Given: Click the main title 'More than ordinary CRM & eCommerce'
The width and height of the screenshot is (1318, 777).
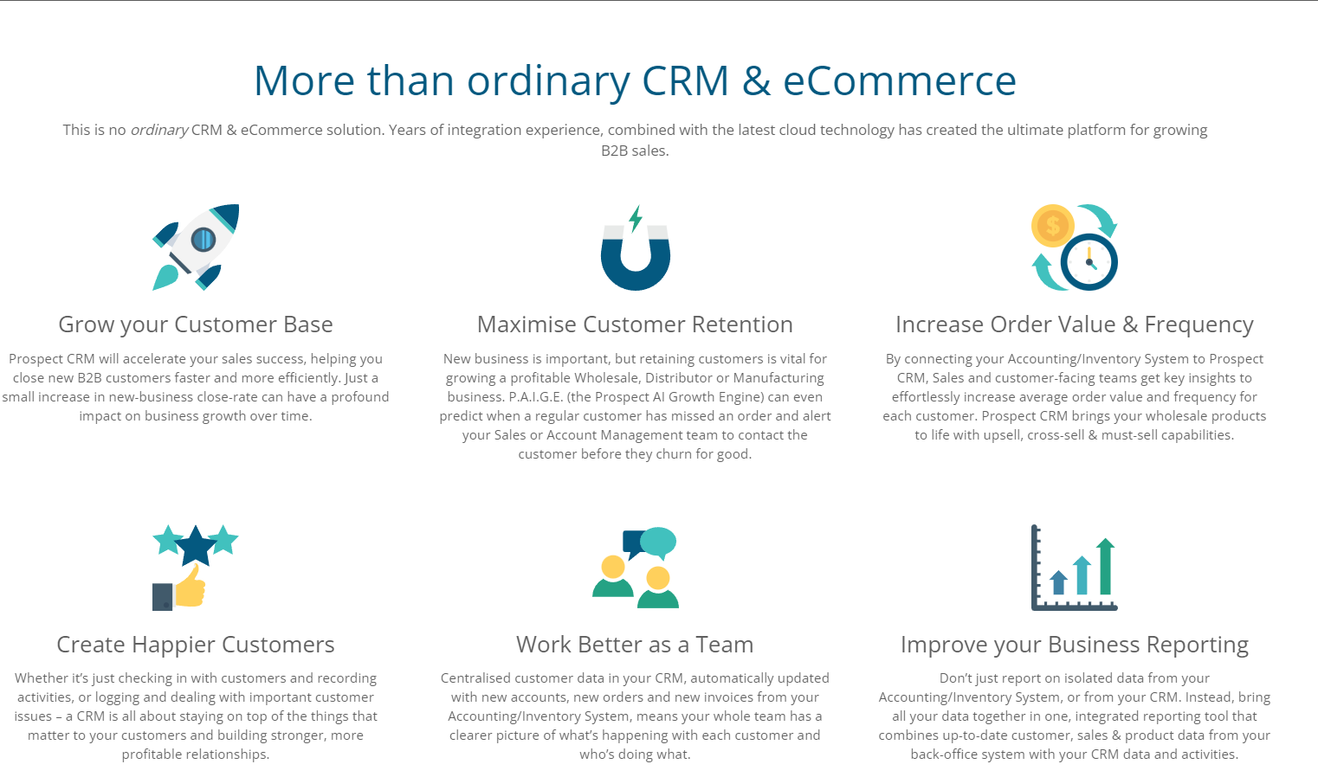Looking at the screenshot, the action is pyautogui.click(x=635, y=80).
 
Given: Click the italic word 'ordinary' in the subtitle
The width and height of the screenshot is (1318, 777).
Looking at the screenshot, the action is pyautogui.click(x=159, y=130).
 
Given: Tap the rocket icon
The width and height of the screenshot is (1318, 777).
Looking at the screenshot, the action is pyautogui.click(x=196, y=247).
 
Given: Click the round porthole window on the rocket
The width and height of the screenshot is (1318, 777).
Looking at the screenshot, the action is pyautogui.click(x=204, y=240).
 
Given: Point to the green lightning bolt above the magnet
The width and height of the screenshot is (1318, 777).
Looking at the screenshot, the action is pyautogui.click(x=636, y=218).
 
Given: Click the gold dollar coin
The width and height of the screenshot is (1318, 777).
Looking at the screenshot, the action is pyautogui.click(x=1053, y=225).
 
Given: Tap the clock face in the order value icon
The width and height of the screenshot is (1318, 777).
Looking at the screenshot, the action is pyautogui.click(x=1089, y=262).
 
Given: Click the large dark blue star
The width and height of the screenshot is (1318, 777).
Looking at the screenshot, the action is pyautogui.click(x=196, y=546).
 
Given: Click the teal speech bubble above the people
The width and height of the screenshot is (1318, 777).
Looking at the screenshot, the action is pyautogui.click(x=658, y=542).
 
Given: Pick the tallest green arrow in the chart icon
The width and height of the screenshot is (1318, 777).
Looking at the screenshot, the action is pyautogui.click(x=1106, y=566).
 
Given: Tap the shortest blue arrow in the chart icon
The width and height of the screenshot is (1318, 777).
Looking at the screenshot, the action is pyautogui.click(x=1058, y=582).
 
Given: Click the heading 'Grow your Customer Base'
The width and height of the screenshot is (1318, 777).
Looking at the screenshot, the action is pyautogui.click(x=196, y=324).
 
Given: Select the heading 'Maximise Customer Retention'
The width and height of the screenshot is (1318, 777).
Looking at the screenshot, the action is pyautogui.click(x=635, y=324).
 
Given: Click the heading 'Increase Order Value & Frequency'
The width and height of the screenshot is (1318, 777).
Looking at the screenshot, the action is pyautogui.click(x=1075, y=324).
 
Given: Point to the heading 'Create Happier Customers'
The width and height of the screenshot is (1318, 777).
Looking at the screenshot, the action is pyautogui.click(x=196, y=645).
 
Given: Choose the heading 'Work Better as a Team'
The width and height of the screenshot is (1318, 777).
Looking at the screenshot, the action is pyautogui.click(x=635, y=645).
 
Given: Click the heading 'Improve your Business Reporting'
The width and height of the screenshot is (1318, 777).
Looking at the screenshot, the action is pyautogui.click(x=1075, y=645).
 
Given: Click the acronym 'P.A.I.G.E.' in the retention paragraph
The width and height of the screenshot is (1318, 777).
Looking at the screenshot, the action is pyautogui.click(x=535, y=397).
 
